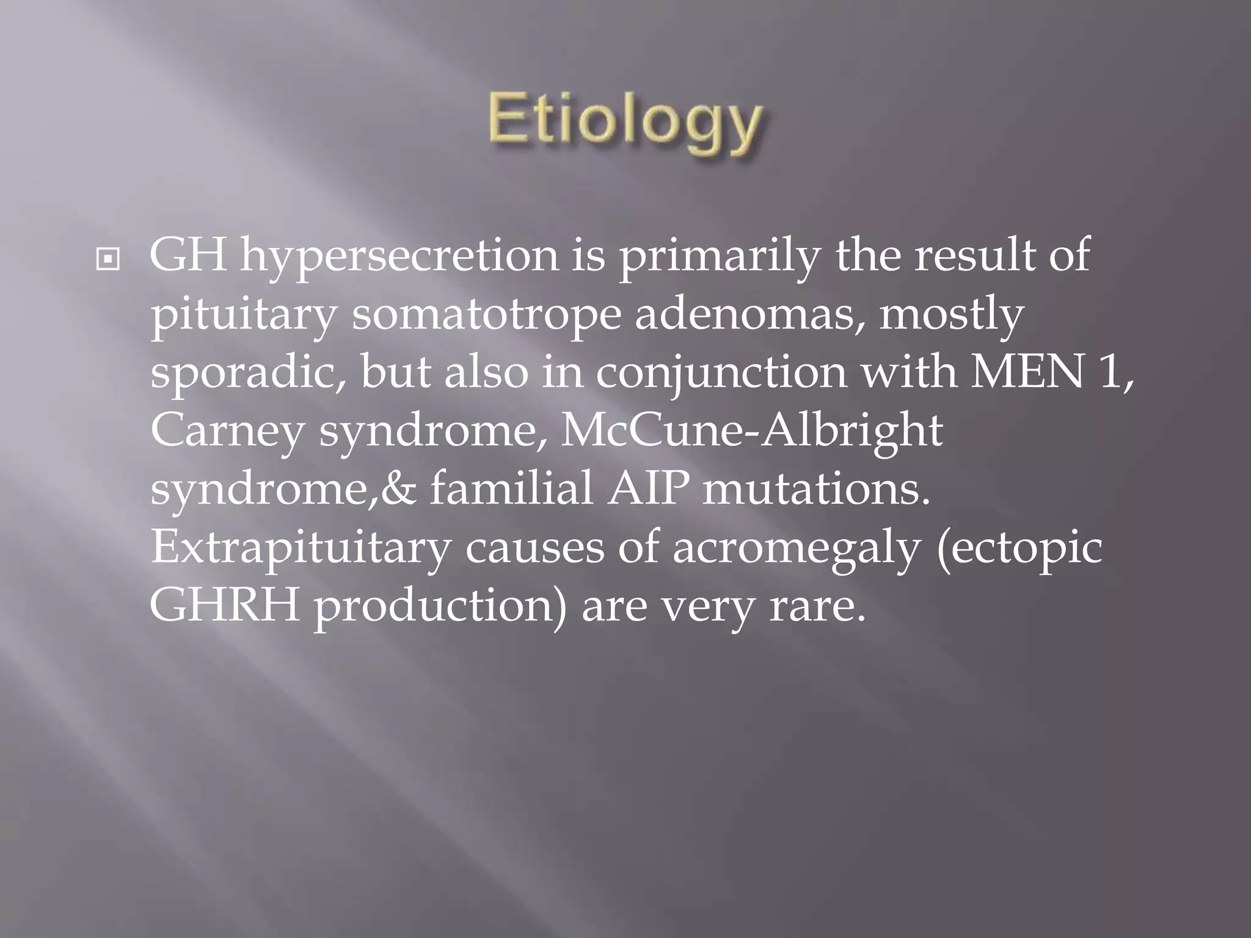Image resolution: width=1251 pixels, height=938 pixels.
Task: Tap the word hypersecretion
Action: (399, 256)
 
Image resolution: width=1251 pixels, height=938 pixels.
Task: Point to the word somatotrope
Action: (486, 315)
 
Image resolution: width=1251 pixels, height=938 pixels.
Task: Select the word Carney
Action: (227, 431)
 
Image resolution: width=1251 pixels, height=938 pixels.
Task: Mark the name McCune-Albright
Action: (751, 431)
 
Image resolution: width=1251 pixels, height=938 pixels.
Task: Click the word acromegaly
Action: (796, 548)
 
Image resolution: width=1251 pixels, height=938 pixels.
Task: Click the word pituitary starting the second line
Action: (243, 315)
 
